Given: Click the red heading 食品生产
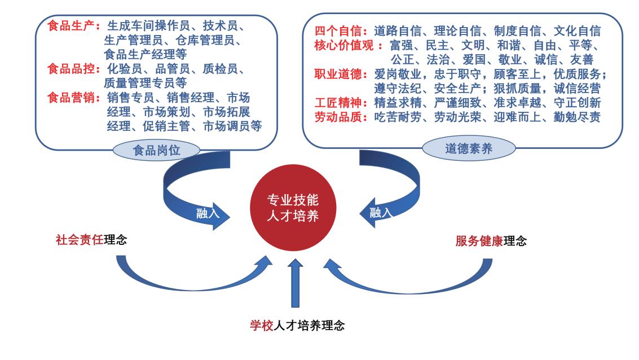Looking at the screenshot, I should point(73,27).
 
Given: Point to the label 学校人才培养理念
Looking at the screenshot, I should point(297,325).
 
